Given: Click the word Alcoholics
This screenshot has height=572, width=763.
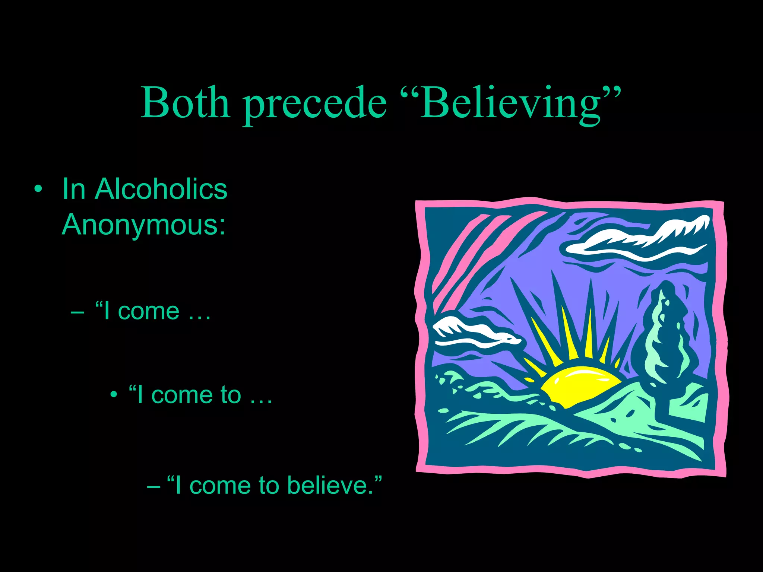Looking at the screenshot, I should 161,189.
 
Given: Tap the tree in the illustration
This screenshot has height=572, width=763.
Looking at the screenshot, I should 665,335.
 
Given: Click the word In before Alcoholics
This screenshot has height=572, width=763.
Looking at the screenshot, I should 74,189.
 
